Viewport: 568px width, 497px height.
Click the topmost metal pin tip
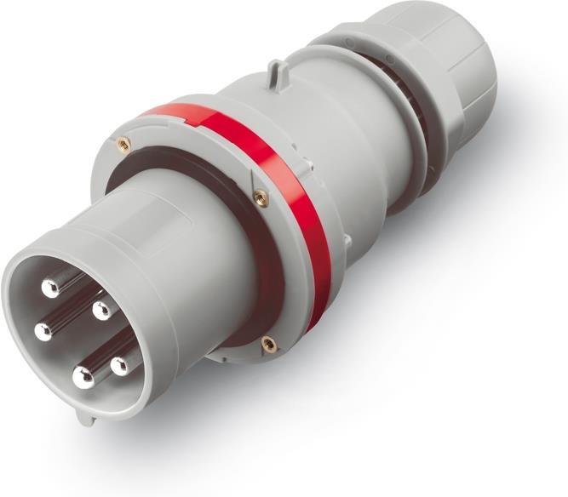[x=52, y=287]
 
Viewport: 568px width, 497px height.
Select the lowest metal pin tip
[x=82, y=378]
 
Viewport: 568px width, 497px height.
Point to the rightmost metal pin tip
[x=121, y=366]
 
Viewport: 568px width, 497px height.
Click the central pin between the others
[x=101, y=310]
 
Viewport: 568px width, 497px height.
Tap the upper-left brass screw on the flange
[x=124, y=142]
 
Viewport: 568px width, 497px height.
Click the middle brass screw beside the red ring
[x=261, y=197]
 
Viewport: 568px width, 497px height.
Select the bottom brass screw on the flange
[x=268, y=344]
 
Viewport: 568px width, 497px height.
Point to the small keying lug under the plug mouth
[x=83, y=416]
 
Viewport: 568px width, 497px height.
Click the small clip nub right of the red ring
[x=347, y=243]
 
